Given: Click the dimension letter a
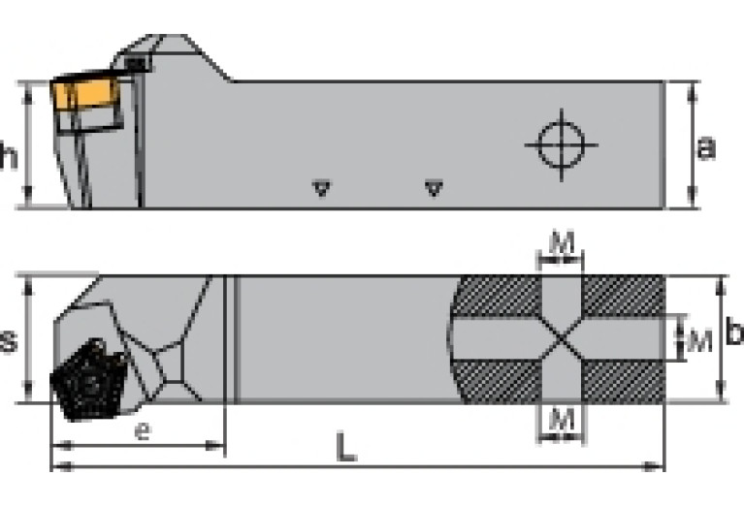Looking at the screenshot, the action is pos(705,147).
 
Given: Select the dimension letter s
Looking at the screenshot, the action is pos(8,339).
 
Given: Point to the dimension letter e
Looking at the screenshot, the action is pos(143,430).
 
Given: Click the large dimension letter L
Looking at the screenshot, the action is pos(345,447).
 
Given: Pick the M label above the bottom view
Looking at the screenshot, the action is pos(562,242).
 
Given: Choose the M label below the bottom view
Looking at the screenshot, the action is pos(561,419).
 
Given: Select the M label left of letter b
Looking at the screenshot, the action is pos(699,339).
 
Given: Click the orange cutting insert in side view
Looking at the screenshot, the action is pos(84,92).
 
